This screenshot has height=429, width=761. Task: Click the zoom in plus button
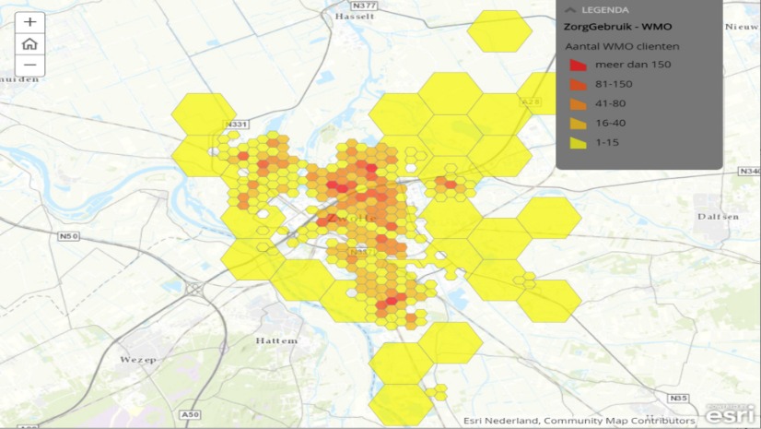click(x=29, y=22)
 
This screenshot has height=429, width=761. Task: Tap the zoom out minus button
click(x=29, y=65)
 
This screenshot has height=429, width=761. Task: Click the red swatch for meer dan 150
click(x=579, y=65)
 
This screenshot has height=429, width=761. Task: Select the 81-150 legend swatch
click(x=579, y=84)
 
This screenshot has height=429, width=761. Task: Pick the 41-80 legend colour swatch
click(x=579, y=103)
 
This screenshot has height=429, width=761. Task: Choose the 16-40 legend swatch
click(x=579, y=123)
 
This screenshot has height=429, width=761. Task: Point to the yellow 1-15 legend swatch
click(x=579, y=143)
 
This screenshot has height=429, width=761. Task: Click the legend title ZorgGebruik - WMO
click(x=617, y=26)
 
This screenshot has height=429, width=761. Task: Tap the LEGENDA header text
click(x=604, y=9)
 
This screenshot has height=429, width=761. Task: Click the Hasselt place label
click(x=355, y=17)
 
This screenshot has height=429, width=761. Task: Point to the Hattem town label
click(x=276, y=340)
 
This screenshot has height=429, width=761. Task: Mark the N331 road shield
click(x=238, y=125)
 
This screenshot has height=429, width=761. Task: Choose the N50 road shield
click(x=68, y=237)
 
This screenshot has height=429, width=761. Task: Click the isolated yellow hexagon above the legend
click(x=498, y=31)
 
